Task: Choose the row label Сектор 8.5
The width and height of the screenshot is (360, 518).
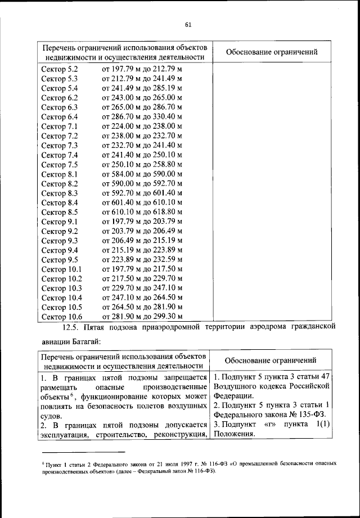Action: coord(60,212)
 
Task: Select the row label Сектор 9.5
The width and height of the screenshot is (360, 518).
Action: coord(60,260)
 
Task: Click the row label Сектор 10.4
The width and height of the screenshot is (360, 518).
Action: coord(62,298)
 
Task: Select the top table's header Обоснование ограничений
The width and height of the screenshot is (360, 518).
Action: coord(271,52)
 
